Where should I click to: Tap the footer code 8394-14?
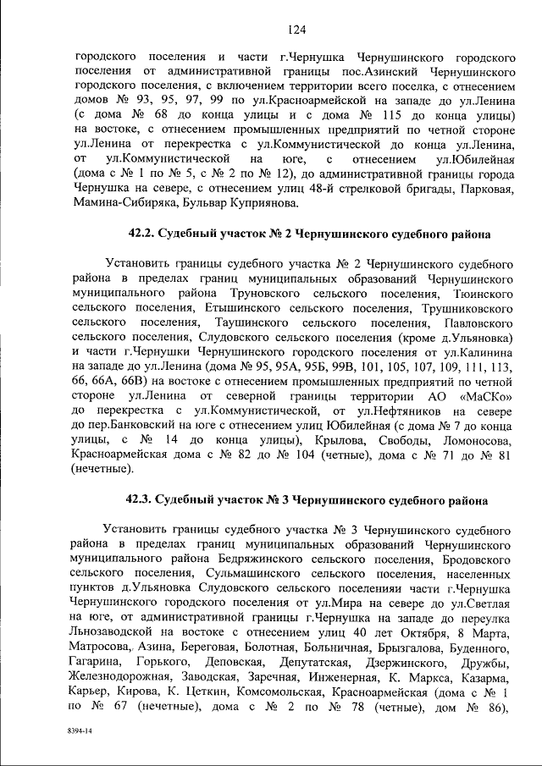click(82, 730)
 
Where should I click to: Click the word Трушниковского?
click(461, 309)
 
